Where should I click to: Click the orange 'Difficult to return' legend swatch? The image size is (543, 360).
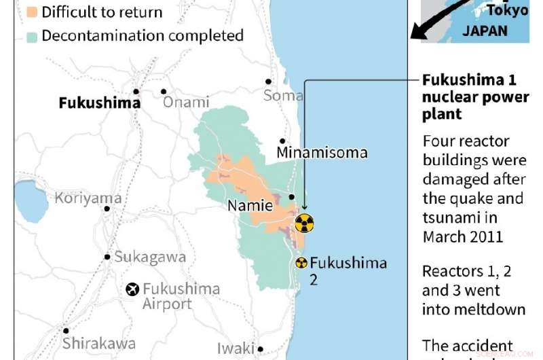tap(33, 12)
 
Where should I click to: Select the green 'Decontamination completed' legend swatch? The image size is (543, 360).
tap(33, 36)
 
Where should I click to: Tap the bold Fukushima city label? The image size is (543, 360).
tap(100, 103)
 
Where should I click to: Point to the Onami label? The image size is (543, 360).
tap(186, 103)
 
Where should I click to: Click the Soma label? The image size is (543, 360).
tap(283, 96)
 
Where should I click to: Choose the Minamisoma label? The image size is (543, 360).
tap(322, 153)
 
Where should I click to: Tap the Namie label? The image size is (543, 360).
tap(250, 205)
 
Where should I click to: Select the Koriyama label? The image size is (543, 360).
tap(88, 198)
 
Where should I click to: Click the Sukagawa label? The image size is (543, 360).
tap(150, 257)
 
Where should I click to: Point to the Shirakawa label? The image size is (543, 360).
tap(99, 343)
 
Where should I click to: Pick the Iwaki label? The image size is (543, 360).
tap(236, 348)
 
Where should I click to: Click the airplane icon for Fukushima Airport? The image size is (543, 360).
tap(132, 289)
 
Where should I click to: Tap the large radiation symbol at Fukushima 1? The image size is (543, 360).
tap(305, 223)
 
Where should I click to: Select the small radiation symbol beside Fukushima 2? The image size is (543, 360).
tap(301, 263)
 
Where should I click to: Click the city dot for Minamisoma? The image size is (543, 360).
tap(282, 141)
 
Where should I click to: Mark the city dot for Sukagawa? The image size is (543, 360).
tap(107, 257)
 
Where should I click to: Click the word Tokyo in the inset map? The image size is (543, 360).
tap(507, 11)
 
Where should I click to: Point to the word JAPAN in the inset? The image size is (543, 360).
tap(485, 31)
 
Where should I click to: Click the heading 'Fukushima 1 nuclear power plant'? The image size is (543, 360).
tap(475, 97)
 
